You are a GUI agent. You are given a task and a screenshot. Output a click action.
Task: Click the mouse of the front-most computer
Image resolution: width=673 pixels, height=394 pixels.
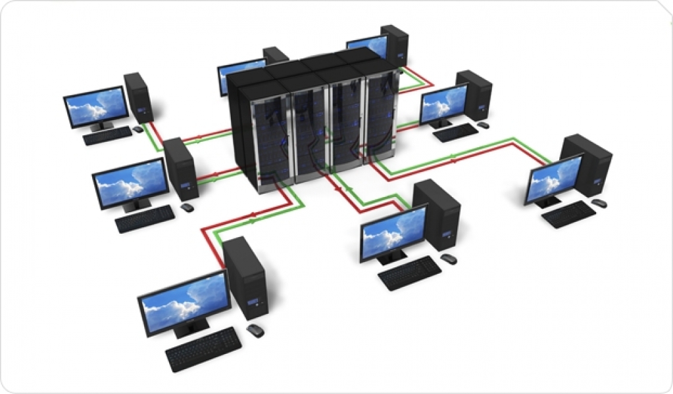pos(255,330)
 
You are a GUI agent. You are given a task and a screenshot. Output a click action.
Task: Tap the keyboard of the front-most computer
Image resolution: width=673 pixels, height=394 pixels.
pos(203,349)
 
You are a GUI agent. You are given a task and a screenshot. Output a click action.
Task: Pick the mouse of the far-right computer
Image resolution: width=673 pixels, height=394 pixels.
pos(599,204)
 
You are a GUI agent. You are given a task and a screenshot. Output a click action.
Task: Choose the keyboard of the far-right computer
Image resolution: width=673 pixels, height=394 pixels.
pos(569,214)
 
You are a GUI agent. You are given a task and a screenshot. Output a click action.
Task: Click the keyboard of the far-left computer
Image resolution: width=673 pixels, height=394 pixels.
pos(107,135)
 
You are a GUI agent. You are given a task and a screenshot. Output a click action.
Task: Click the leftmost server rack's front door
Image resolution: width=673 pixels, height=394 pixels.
pos(264,141)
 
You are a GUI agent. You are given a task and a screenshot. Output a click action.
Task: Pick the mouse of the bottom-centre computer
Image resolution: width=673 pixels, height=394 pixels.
pos(449,258)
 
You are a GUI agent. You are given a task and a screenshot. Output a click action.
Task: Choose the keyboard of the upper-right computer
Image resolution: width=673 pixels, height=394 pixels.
pos(456,133)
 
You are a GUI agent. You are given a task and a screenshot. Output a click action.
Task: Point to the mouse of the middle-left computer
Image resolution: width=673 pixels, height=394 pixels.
pos(187,207)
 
